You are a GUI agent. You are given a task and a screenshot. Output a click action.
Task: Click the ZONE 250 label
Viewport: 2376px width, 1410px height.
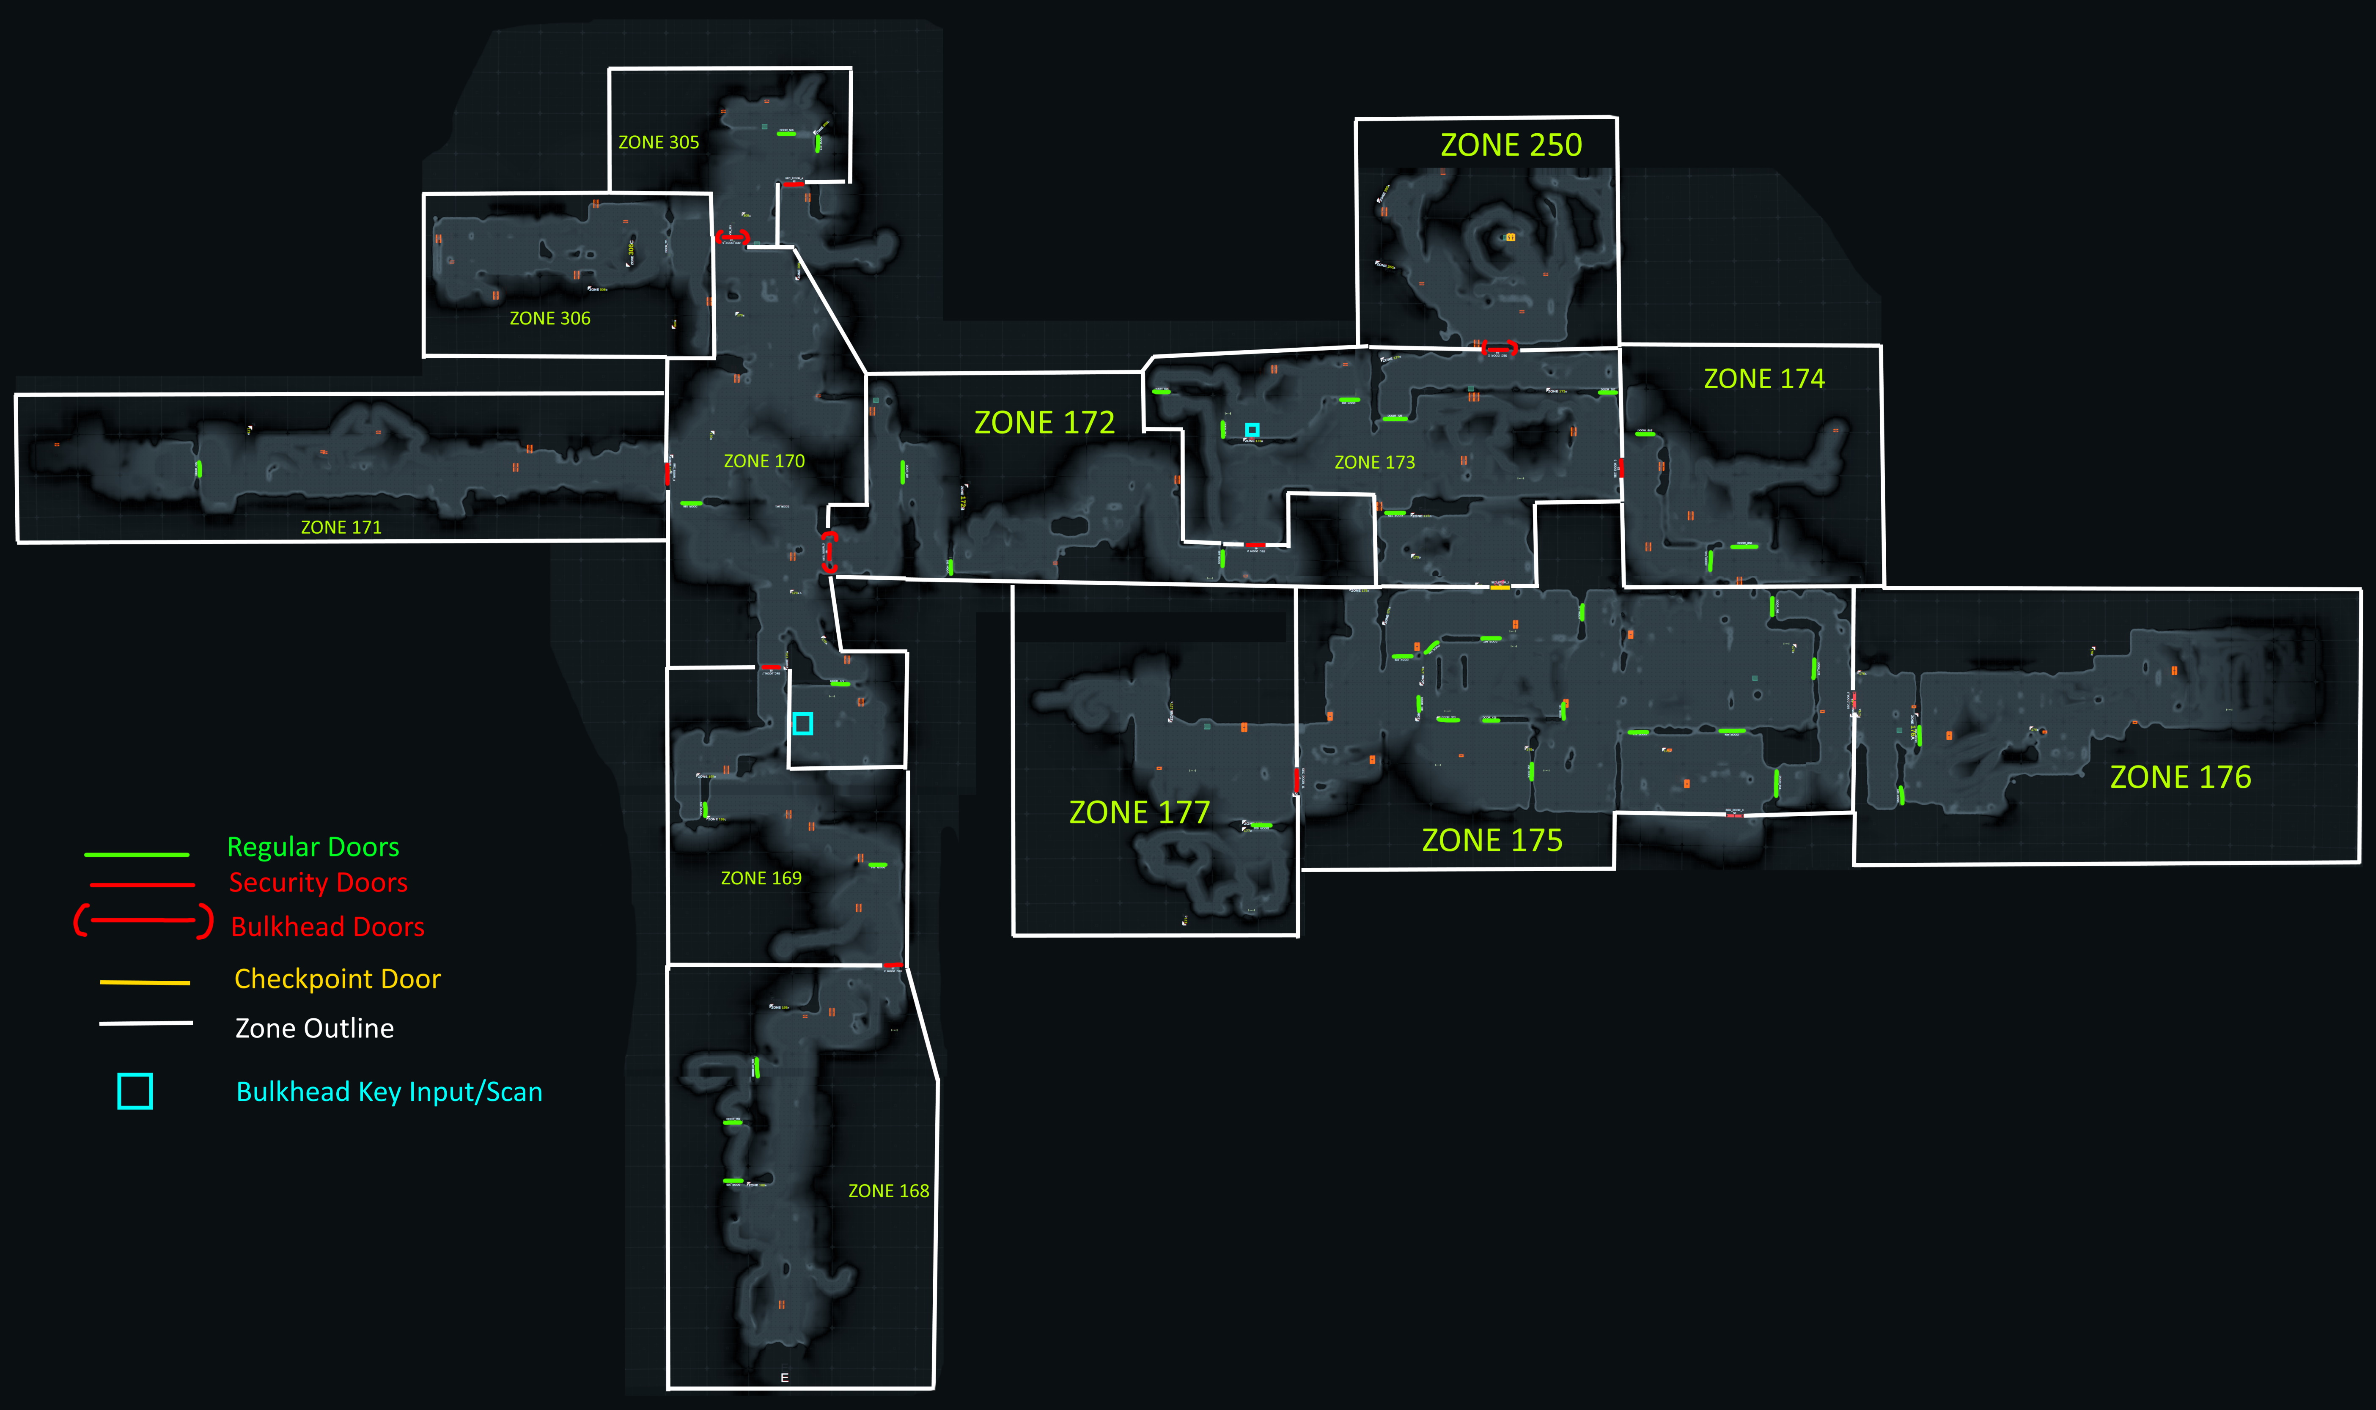[1511, 145]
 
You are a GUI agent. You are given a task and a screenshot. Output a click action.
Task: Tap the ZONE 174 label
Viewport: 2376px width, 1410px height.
[1763, 379]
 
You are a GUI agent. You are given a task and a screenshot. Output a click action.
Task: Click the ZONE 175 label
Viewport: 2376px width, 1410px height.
[1492, 840]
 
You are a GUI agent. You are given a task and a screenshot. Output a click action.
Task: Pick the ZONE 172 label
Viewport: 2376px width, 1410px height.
[1044, 423]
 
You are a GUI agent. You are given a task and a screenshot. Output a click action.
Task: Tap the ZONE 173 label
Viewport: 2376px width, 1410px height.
[1374, 463]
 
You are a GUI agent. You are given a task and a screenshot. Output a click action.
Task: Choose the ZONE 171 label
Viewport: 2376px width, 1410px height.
[341, 527]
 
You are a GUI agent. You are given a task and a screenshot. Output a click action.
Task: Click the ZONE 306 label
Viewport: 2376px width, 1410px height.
[550, 318]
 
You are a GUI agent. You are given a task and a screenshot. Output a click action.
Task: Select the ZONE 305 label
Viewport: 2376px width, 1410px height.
[658, 143]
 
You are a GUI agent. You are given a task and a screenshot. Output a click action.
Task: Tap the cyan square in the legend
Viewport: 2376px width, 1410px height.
[135, 1091]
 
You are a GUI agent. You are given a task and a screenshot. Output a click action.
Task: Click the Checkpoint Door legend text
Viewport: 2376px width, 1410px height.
[337, 979]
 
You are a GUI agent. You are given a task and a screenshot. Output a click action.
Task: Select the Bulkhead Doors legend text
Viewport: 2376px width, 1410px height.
[328, 927]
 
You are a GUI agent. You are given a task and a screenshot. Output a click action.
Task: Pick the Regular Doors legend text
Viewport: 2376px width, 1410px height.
[313, 847]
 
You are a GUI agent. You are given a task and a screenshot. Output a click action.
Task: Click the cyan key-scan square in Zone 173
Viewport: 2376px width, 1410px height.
[1252, 429]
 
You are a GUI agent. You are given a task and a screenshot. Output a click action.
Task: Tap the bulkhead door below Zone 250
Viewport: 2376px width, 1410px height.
[1499, 349]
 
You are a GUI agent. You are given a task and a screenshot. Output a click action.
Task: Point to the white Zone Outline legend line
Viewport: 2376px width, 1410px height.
[146, 1023]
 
